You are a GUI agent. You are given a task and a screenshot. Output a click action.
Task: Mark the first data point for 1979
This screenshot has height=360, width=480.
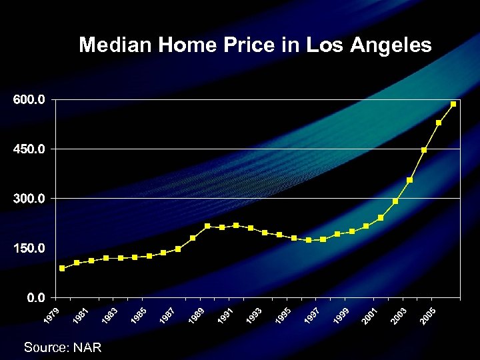coord(62,268)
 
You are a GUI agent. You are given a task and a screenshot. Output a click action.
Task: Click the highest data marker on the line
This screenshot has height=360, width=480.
coord(453,104)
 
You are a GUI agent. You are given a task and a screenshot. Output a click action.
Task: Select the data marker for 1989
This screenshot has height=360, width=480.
coord(207,226)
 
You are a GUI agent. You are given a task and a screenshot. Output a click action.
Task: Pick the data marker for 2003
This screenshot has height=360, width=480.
coord(410,180)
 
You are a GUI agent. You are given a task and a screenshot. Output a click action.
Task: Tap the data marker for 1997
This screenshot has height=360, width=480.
coord(323,239)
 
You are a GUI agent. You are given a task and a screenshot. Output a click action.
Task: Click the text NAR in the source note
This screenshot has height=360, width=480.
coord(87,347)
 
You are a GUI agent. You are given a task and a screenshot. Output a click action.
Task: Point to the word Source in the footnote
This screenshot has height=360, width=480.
coord(47,347)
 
